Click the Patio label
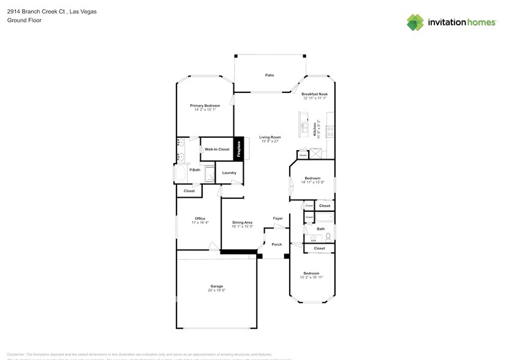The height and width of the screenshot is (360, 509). coord(269,75)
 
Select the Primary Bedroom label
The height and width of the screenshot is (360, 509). coord(204,106)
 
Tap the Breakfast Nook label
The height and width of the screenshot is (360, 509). coord(314,94)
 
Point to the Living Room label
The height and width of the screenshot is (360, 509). coord(269,137)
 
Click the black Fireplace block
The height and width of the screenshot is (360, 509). coord(239,149)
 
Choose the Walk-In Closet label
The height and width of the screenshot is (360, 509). coord(217,149)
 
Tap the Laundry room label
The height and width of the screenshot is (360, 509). coord(229,173)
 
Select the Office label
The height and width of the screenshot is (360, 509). coord(200,219)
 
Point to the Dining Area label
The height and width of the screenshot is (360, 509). coord(243,222)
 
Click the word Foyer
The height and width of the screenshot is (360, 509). coord(277,218)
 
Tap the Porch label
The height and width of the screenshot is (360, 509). coord(277,244)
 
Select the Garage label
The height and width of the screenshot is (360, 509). coord(216,286)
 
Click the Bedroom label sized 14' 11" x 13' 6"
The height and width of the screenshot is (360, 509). coord(312,178)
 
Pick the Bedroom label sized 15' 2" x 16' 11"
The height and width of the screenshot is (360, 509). coord(311,273)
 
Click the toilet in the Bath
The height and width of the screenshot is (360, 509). coord(328,236)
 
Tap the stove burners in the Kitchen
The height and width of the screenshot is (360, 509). coord(330,129)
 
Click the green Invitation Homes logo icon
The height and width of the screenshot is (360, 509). coord(415,22)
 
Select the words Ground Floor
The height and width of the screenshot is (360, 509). coord(21,20)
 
